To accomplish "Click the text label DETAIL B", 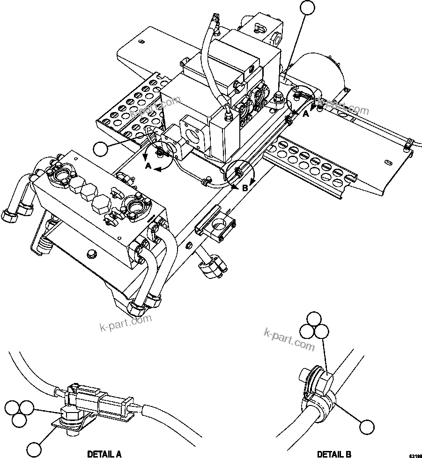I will click(334, 453).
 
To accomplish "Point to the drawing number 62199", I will click(415, 455).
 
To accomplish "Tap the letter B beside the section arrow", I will click(244, 188).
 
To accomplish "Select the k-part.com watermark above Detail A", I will click(126, 322).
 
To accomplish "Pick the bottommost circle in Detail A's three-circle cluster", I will click(19, 420).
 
